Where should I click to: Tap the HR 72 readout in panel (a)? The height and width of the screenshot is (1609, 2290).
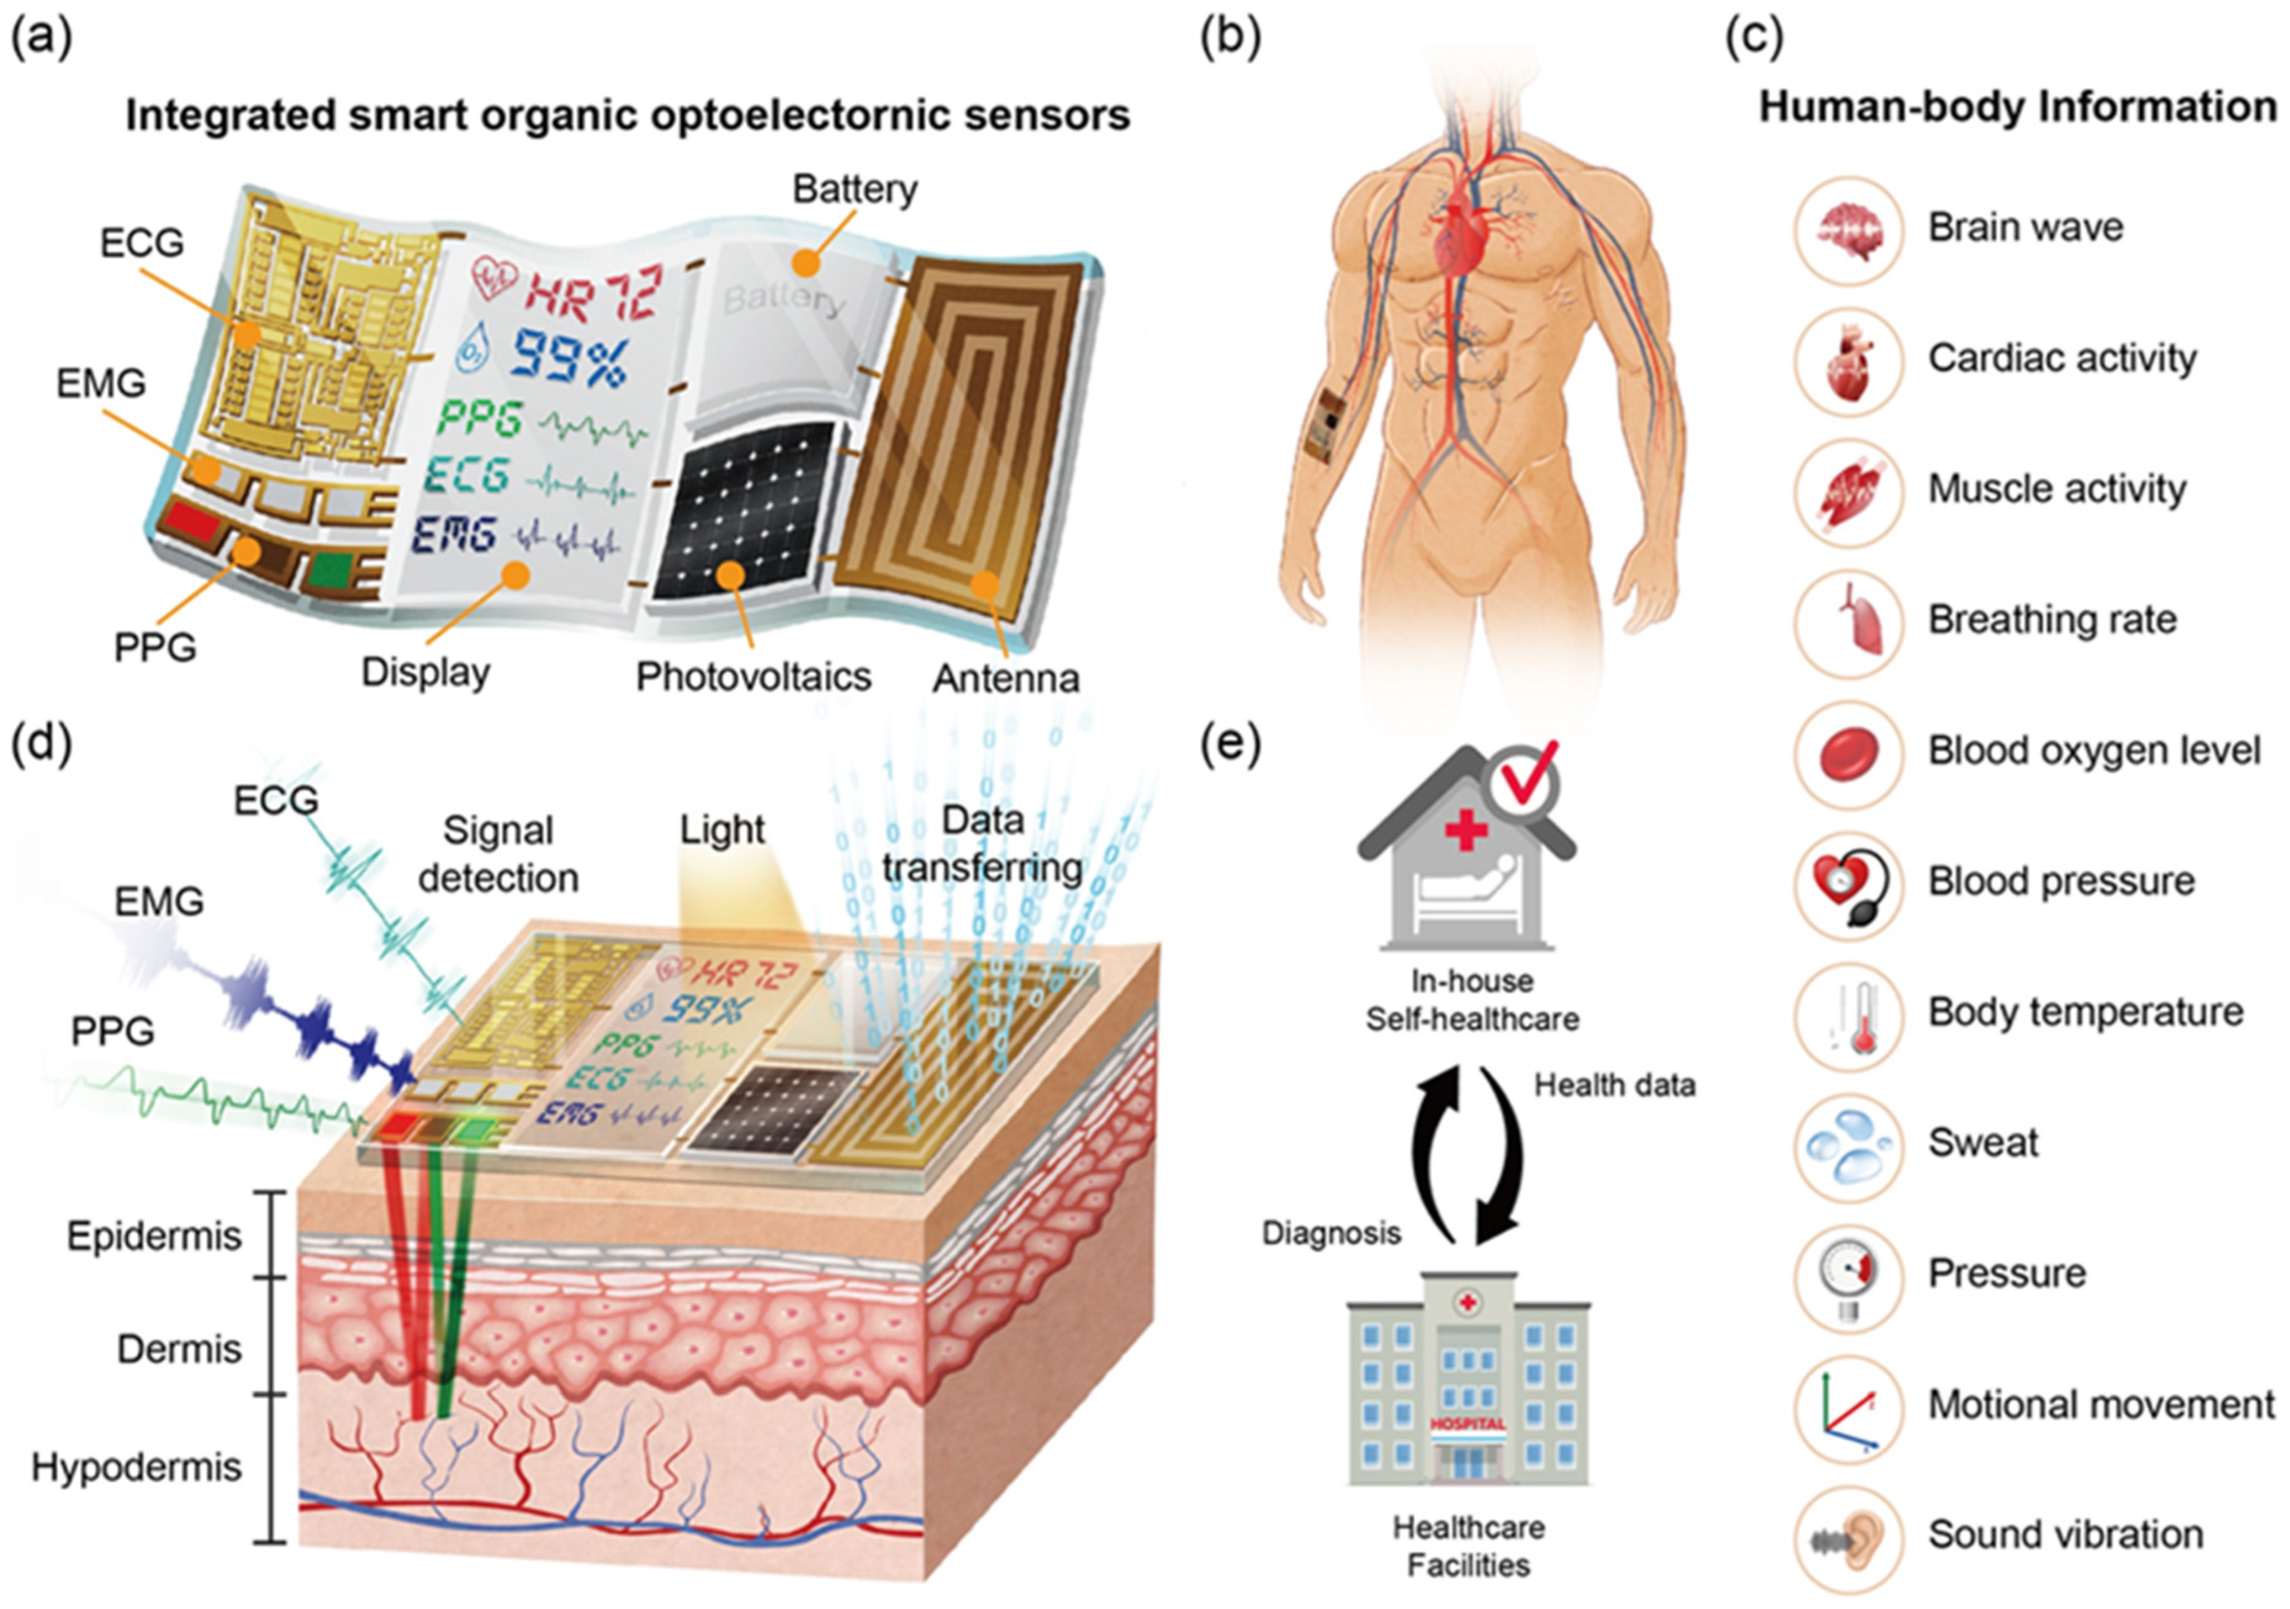(594, 291)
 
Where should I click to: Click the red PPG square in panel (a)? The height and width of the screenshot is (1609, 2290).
(196, 521)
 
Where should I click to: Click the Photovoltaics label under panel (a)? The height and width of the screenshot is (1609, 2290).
(753, 677)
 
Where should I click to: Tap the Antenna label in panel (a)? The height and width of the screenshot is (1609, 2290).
(1005, 679)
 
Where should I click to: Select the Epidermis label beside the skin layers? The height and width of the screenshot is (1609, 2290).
(154, 1236)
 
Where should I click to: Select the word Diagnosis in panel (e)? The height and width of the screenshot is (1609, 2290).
(1330, 1233)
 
